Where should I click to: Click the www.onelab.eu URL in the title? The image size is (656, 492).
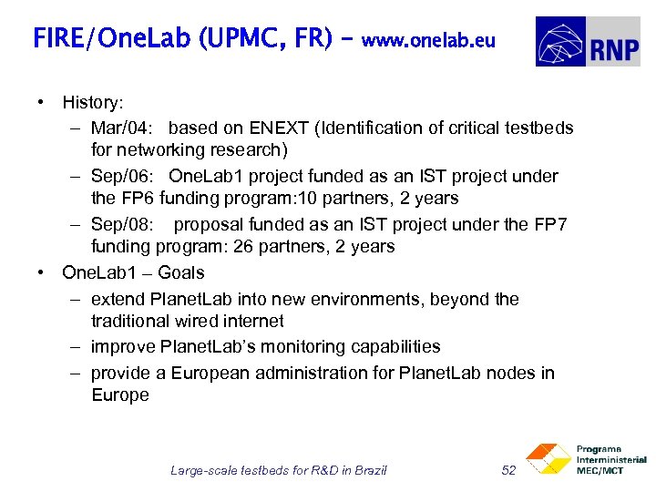tap(428, 40)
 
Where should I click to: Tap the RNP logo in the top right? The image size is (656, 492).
tap(588, 42)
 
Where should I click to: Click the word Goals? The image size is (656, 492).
tap(180, 272)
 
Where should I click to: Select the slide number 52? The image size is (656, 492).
tap(509, 470)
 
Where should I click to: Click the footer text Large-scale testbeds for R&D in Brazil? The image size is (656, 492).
tap(279, 470)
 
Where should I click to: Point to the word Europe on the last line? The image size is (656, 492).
tap(119, 395)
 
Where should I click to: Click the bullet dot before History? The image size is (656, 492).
tap(42, 101)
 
